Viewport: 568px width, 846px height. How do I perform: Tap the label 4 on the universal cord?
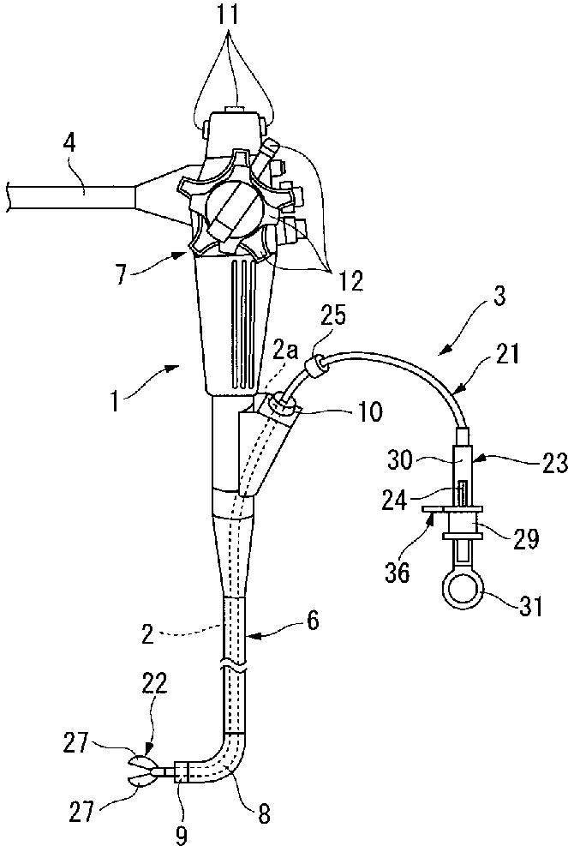69,146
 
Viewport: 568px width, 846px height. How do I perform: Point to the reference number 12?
350,281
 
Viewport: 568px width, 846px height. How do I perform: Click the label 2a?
284,353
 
